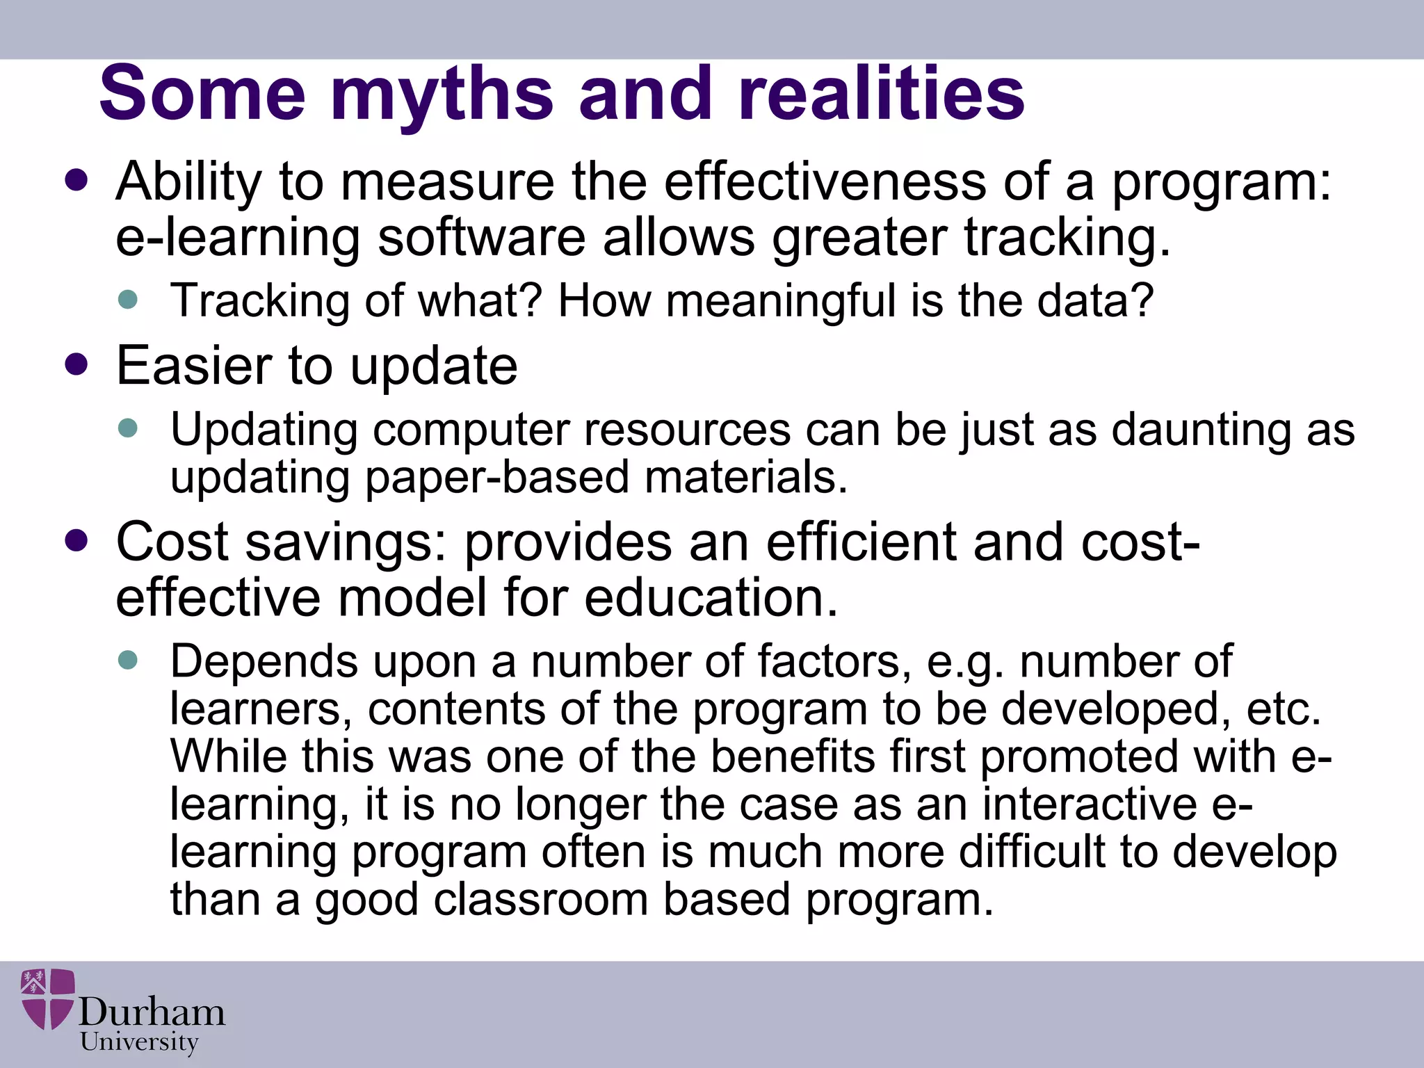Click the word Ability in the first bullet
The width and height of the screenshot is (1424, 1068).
click(x=188, y=182)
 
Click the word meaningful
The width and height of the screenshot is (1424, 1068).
click(x=780, y=301)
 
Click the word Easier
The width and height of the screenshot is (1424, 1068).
click(x=194, y=366)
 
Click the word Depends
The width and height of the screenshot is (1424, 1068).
click(x=264, y=662)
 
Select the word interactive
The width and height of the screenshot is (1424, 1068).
click(x=1089, y=804)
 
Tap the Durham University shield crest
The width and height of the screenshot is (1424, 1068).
click(x=47, y=998)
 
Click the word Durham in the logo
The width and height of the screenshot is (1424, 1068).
click(x=152, y=1012)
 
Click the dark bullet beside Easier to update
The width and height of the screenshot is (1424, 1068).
click(x=76, y=364)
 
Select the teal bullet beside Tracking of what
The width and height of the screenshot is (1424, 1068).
click(x=128, y=300)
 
